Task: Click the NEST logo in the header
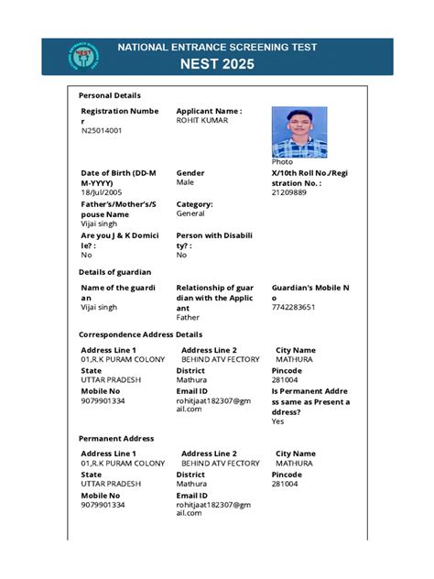tap(84, 57)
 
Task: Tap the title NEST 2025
tap(217, 65)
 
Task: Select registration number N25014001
tap(102, 131)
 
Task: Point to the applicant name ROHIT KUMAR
tap(202, 120)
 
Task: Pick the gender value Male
tap(185, 183)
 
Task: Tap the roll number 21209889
tap(289, 193)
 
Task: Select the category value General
tap(190, 213)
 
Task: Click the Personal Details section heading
tap(110, 95)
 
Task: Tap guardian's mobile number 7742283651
tap(294, 308)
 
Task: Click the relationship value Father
tap(188, 318)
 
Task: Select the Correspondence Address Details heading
tap(140, 334)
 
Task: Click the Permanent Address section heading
tap(116, 438)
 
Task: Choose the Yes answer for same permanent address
tap(277, 422)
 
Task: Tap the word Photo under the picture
tap(282, 162)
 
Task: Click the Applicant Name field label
tap(209, 111)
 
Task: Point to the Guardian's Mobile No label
tap(310, 292)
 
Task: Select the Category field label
tap(194, 204)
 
